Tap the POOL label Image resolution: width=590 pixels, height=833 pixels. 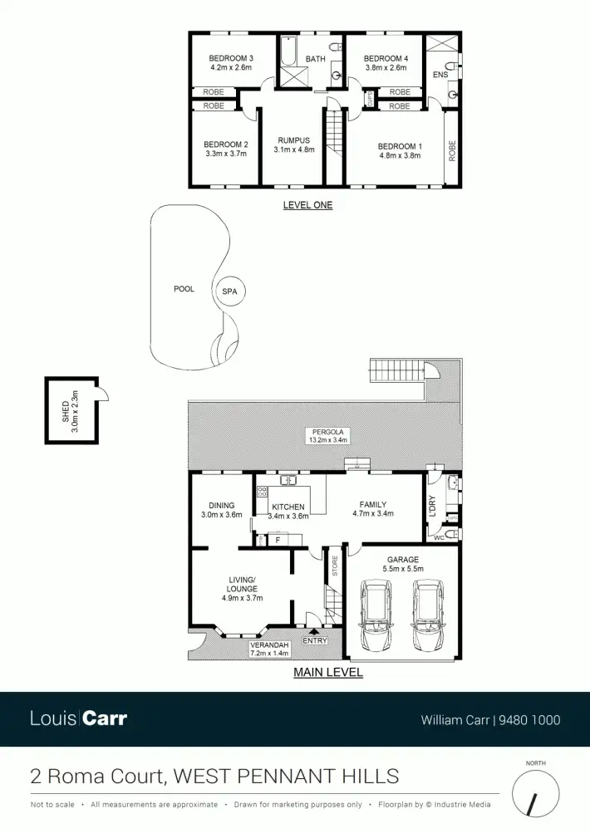point(184,289)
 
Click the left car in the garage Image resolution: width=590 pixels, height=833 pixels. point(378,617)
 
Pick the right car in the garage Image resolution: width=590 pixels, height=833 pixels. point(428,617)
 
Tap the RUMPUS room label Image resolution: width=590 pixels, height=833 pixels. point(293,140)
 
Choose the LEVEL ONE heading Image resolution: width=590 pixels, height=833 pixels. point(307,205)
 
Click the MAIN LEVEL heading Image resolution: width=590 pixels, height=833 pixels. point(328,673)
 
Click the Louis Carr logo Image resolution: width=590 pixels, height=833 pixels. point(78,718)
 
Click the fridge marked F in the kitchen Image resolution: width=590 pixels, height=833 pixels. point(276,541)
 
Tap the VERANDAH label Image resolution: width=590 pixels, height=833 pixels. point(268,645)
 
